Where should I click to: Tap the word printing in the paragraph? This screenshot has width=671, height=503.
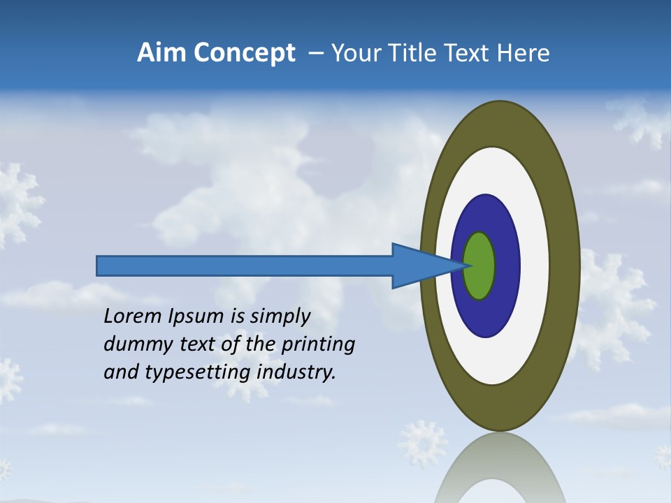(318, 344)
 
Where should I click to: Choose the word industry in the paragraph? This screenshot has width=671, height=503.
(296, 372)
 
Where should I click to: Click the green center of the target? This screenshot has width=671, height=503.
(479, 265)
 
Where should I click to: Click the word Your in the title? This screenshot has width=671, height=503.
(352, 52)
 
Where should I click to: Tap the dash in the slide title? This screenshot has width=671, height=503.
(315, 53)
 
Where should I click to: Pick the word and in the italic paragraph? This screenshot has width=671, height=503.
(120, 372)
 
